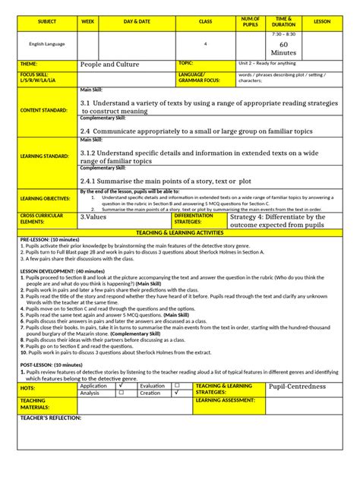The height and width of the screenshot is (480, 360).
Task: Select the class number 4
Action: (x=205, y=44)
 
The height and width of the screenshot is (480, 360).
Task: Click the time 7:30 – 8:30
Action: (x=284, y=34)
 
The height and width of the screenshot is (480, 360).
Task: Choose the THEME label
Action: (x=28, y=64)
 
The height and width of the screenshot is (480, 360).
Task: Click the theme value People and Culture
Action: (x=110, y=65)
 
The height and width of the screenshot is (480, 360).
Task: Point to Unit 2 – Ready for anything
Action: (x=267, y=64)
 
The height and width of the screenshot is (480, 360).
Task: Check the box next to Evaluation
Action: (x=176, y=386)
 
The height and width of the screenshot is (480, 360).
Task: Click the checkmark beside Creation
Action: (x=176, y=393)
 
